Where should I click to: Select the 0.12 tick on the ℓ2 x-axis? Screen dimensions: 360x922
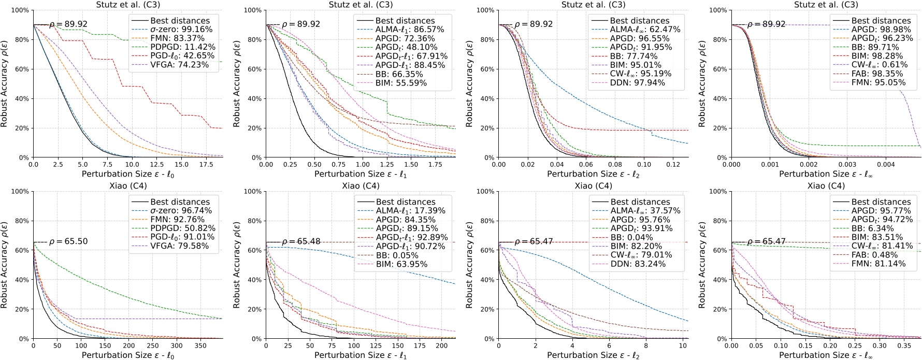673,165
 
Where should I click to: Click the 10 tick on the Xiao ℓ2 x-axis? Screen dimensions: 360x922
683,346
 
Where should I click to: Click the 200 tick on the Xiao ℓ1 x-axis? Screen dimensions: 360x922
441,346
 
